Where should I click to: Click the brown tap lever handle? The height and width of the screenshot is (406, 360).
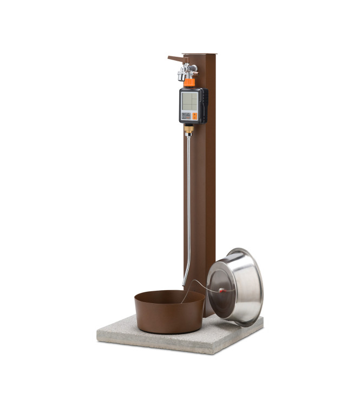point(176,58)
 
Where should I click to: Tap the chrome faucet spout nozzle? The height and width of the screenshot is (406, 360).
point(181,77)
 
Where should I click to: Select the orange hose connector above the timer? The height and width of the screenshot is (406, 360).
point(189,82)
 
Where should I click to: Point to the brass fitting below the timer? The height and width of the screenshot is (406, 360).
point(188,129)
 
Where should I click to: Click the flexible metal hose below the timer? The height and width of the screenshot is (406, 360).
point(188,206)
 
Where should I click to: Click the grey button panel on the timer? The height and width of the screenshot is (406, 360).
point(186,115)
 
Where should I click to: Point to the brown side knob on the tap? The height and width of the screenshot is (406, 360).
point(195,69)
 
